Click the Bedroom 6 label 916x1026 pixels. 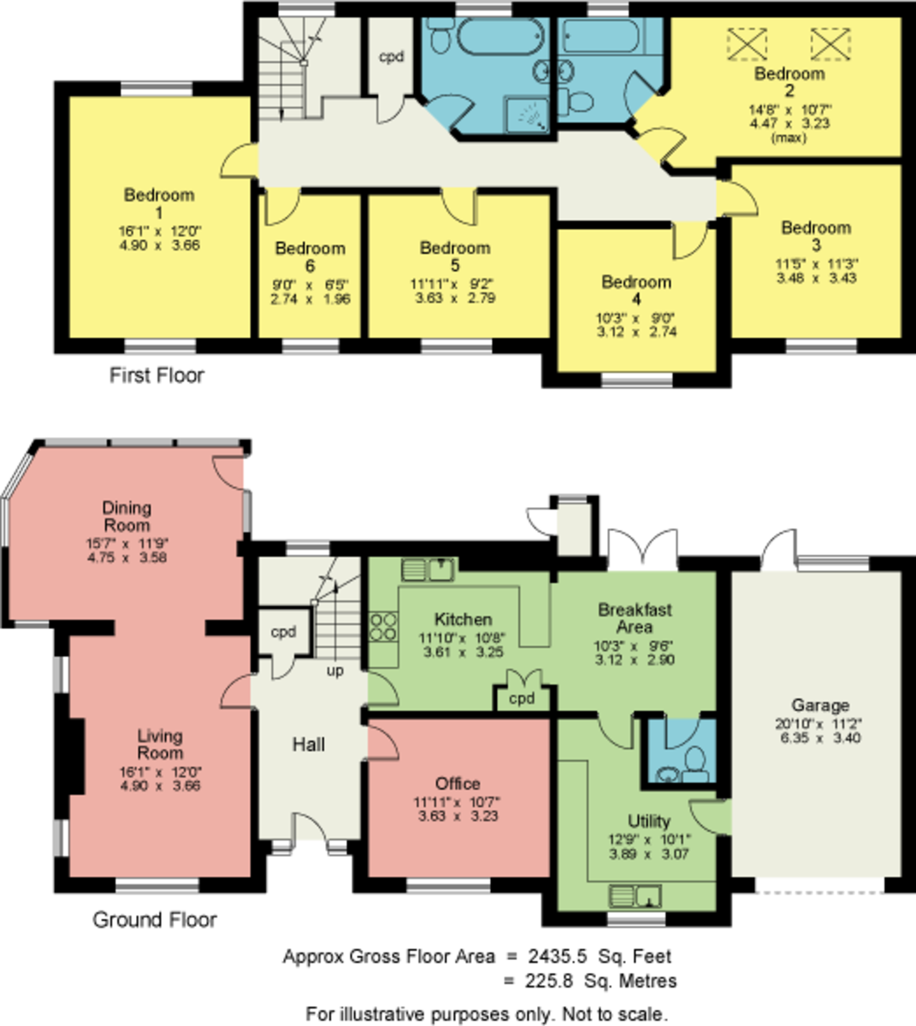(x=310, y=256)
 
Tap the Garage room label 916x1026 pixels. (x=820, y=705)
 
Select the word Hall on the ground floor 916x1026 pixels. (x=309, y=744)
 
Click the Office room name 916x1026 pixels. (x=458, y=783)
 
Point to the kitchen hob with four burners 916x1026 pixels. (x=383, y=627)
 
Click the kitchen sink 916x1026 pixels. (x=428, y=569)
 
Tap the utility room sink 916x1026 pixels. (x=635, y=896)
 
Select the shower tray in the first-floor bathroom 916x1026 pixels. (x=527, y=115)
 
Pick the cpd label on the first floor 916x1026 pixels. (x=391, y=56)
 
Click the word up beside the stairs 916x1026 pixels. (x=335, y=671)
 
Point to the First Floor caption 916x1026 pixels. (x=157, y=375)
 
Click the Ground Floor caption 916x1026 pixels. (x=155, y=919)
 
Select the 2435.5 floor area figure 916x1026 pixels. (x=558, y=956)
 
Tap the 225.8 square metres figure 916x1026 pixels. (x=549, y=981)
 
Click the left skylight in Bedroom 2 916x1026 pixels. (x=747, y=44)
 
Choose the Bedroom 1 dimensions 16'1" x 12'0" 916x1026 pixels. (x=160, y=232)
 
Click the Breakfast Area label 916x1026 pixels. (x=635, y=618)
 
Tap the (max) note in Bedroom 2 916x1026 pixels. (x=789, y=138)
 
